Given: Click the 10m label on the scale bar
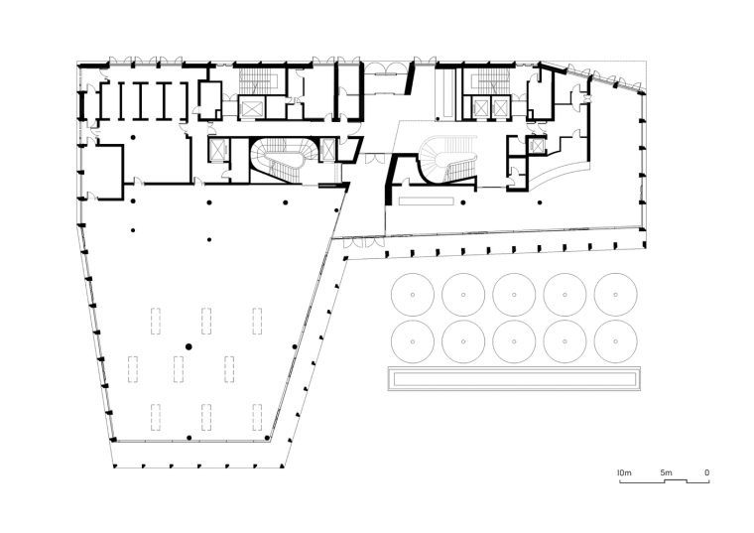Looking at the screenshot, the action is (624, 472).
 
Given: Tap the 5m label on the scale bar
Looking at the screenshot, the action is (666, 472).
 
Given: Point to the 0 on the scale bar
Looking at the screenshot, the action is (706, 472).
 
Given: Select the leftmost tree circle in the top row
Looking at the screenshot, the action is (413, 295).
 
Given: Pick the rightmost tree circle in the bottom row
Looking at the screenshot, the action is (615, 341).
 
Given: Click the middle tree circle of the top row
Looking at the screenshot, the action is (514, 295).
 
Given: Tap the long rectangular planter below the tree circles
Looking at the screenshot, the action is (514, 378).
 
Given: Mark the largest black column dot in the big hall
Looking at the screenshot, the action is (188, 346).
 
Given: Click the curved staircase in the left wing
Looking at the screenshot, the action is (283, 159).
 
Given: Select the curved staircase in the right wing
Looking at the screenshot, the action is (448, 159).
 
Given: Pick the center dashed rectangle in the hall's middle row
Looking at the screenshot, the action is (179, 369).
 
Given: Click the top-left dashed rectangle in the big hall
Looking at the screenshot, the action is (156, 321).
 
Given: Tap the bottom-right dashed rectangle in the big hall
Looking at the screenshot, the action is (257, 418).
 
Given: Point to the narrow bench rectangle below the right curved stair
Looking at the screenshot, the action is (427, 200).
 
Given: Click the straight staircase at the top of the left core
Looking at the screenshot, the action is (253, 80).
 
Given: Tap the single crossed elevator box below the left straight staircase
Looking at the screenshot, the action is (251, 108).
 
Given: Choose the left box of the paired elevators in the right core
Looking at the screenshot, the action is (480, 108).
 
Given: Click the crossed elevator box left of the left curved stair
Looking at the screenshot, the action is (218, 150).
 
